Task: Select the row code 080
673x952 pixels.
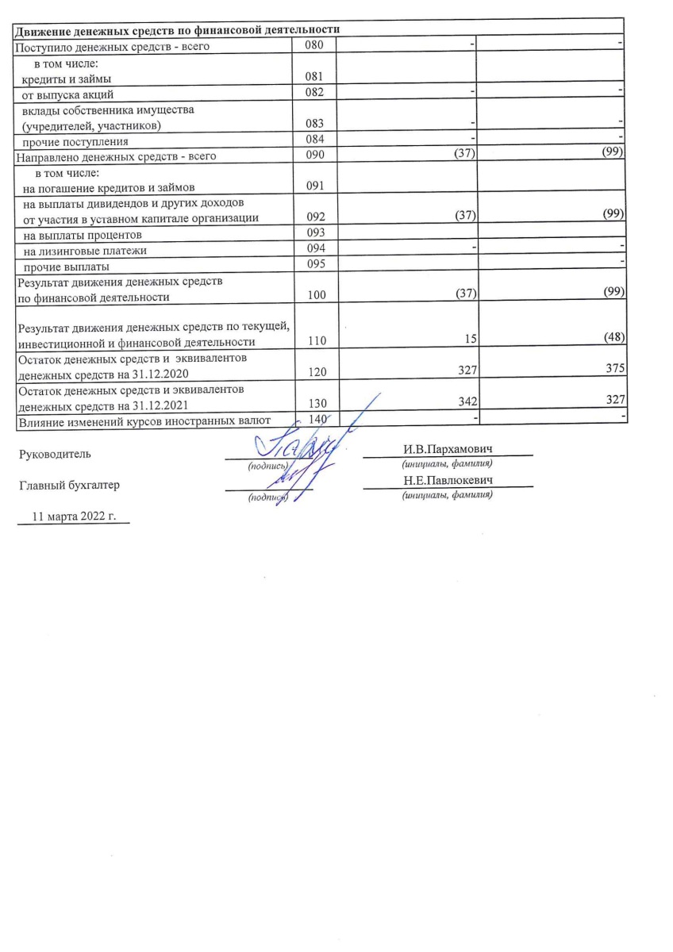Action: tap(315, 46)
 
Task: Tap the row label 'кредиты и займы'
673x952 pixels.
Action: tap(67, 79)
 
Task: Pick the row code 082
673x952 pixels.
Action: tap(315, 94)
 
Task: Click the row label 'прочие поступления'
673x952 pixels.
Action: tap(75, 142)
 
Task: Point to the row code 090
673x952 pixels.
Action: tap(315, 155)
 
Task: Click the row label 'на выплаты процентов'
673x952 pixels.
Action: tap(83, 236)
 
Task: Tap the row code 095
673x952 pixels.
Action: tap(315, 266)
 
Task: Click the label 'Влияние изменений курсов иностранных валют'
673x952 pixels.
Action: tap(144, 420)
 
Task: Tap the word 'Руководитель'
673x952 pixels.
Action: tap(55, 455)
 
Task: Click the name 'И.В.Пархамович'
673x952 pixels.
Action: tap(447, 450)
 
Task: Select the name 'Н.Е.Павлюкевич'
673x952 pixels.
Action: tap(448, 481)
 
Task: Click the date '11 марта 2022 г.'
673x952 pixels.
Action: tap(74, 516)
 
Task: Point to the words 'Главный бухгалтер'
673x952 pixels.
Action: tap(70, 486)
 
